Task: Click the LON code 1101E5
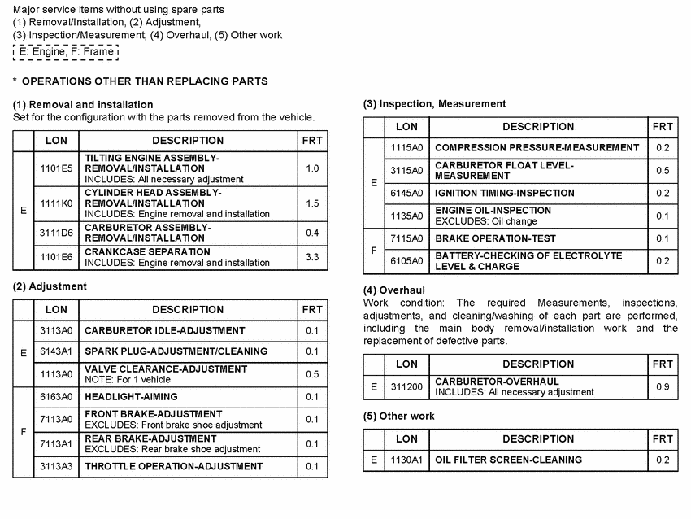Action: click(56, 168)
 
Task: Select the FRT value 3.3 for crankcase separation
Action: click(311, 257)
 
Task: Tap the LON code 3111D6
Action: click(56, 233)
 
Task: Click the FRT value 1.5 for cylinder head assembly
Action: click(311, 203)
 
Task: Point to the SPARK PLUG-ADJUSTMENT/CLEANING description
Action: click(176, 351)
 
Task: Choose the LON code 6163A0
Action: click(56, 397)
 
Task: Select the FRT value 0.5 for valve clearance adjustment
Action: click(311, 374)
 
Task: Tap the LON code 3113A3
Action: click(56, 466)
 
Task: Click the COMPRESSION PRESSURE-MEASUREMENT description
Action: click(537, 148)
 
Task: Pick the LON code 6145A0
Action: click(406, 194)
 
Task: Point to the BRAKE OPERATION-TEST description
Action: click(495, 238)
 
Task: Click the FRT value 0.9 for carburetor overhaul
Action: click(663, 386)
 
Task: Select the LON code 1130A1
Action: click(406, 460)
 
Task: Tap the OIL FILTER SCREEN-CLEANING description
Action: click(508, 460)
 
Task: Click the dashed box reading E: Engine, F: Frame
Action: click(66, 51)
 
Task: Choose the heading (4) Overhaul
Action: click(393, 290)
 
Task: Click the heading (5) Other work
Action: click(398, 416)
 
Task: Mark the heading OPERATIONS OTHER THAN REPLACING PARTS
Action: click(145, 81)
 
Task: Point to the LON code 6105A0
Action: click(406, 261)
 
